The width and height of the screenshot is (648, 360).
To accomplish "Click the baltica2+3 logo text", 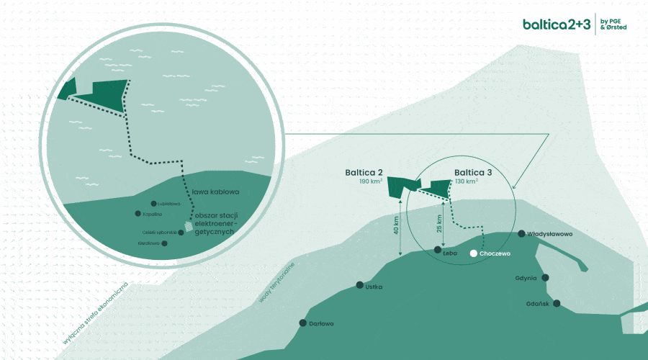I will [558, 24].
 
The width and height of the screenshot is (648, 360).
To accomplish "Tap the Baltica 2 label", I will [364, 173].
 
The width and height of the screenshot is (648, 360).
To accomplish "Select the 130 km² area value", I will [467, 183].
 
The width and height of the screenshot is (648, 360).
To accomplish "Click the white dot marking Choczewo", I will [473, 253].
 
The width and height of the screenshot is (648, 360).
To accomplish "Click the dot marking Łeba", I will [438, 250].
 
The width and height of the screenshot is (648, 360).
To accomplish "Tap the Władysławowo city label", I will [552, 235].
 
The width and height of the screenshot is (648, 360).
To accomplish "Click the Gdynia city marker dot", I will [546, 277].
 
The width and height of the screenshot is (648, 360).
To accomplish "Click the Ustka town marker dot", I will [360, 286].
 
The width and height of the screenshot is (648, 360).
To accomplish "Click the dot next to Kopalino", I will [138, 214].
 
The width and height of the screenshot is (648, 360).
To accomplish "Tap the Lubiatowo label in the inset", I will [167, 204].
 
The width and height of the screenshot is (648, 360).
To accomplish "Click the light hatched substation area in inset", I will [189, 226].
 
